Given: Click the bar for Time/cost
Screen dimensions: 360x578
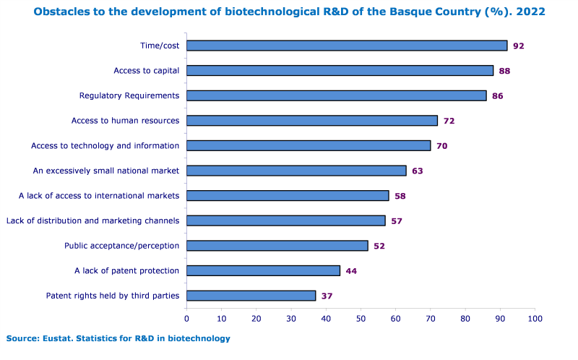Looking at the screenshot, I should pyautogui.click(x=347, y=46).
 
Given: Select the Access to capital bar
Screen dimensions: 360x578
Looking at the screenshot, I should pyautogui.click(x=340, y=71).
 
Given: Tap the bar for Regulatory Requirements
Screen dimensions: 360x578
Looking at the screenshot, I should pyautogui.click(x=336, y=95).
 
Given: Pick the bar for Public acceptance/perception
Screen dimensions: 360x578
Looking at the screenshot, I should pyautogui.click(x=277, y=246).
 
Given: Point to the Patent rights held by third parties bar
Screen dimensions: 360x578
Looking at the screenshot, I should pyautogui.click(x=251, y=295).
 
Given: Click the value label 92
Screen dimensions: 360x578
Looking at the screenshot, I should pyautogui.click(x=518, y=46).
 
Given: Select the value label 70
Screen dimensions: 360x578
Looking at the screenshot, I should pyautogui.click(x=441, y=146).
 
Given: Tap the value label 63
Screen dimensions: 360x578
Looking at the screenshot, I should pyautogui.click(x=418, y=171).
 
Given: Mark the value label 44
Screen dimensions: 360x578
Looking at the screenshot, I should pyautogui.click(x=351, y=271).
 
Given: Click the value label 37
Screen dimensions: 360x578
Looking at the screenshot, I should pyautogui.click(x=327, y=296).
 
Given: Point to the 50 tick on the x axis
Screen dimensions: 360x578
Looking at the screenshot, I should pyautogui.click(x=361, y=318).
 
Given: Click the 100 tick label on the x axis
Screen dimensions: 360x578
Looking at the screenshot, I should pyautogui.click(x=535, y=318).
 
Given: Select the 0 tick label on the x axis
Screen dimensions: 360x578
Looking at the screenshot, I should pyautogui.click(x=186, y=318).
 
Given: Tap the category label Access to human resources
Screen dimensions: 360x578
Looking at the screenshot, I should pyautogui.click(x=125, y=121).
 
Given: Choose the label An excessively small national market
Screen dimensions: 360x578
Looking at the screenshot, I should pyautogui.click(x=106, y=171).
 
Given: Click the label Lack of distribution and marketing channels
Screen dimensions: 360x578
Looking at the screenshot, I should pyautogui.click(x=92, y=220).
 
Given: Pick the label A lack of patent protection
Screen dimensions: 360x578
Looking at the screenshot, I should pyautogui.click(x=126, y=270).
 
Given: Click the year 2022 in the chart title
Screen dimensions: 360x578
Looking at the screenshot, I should pyautogui.click(x=530, y=12).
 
